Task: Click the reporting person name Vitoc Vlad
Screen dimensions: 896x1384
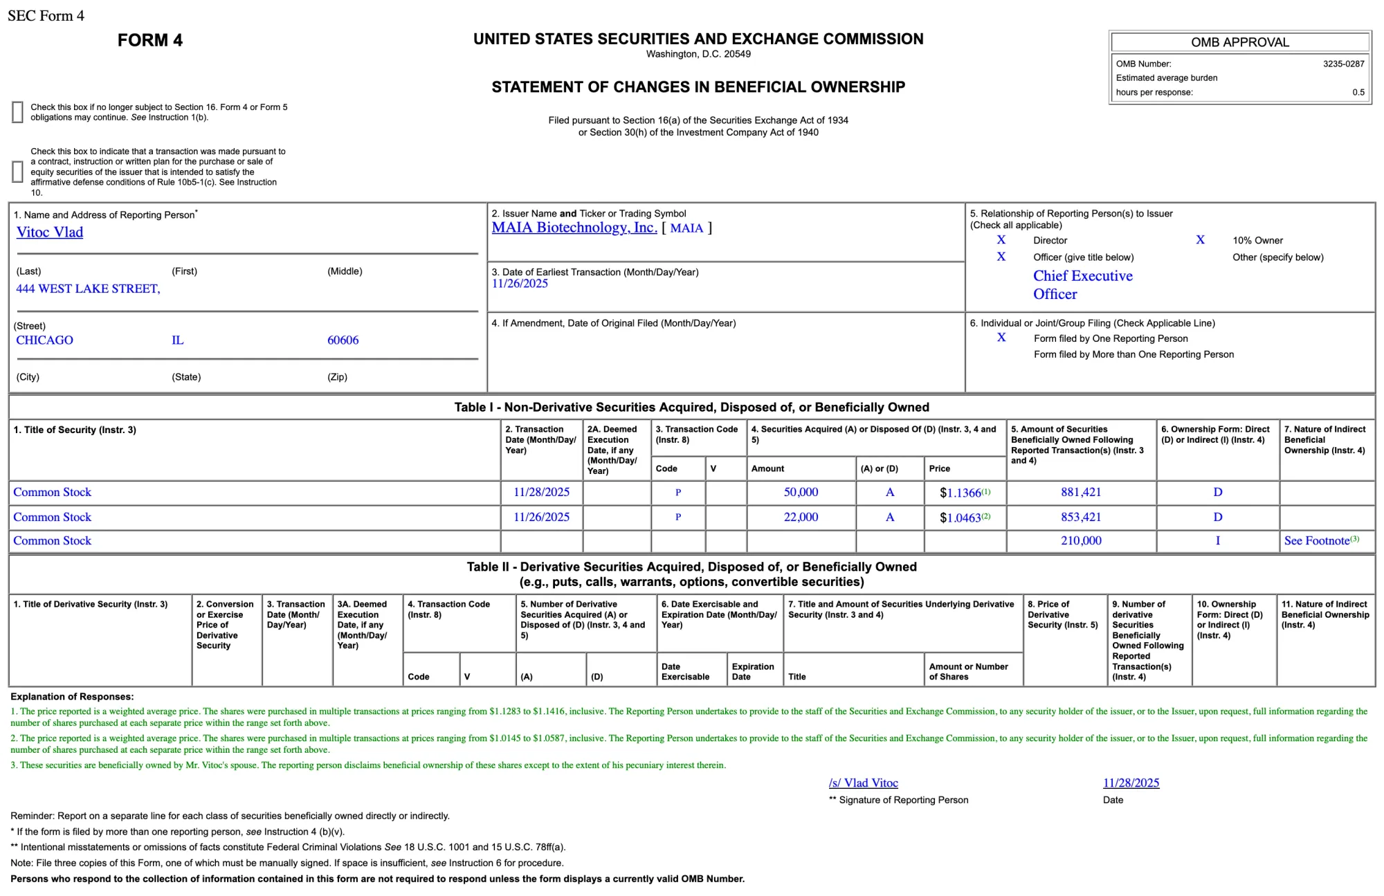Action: [x=50, y=232]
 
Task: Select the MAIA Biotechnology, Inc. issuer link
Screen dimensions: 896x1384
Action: [x=574, y=228]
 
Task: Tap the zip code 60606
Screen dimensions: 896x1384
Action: [x=343, y=340]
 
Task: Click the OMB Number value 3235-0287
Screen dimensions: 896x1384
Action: [x=1343, y=64]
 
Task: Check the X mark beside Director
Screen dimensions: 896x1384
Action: [x=1001, y=240]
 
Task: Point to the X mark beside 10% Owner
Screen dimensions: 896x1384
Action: [x=1200, y=240]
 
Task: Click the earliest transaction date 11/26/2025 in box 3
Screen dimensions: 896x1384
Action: [x=520, y=284]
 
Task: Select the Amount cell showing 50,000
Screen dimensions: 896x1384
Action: [x=801, y=493]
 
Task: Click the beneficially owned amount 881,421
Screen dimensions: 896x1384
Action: [x=1081, y=493]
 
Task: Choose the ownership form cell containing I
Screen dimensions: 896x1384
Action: [x=1217, y=541]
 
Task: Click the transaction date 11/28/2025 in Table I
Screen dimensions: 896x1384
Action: [x=541, y=493]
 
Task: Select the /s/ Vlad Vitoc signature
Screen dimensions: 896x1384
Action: [x=863, y=783]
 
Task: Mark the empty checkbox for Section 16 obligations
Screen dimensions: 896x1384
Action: [x=18, y=112]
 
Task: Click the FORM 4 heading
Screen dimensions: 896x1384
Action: [x=149, y=40]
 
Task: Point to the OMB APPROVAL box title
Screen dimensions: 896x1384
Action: [x=1239, y=42]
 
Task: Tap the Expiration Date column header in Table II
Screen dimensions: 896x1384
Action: [x=753, y=671]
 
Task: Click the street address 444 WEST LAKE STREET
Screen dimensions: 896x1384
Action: [x=88, y=289]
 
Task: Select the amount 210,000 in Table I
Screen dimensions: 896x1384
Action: [x=1081, y=541]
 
